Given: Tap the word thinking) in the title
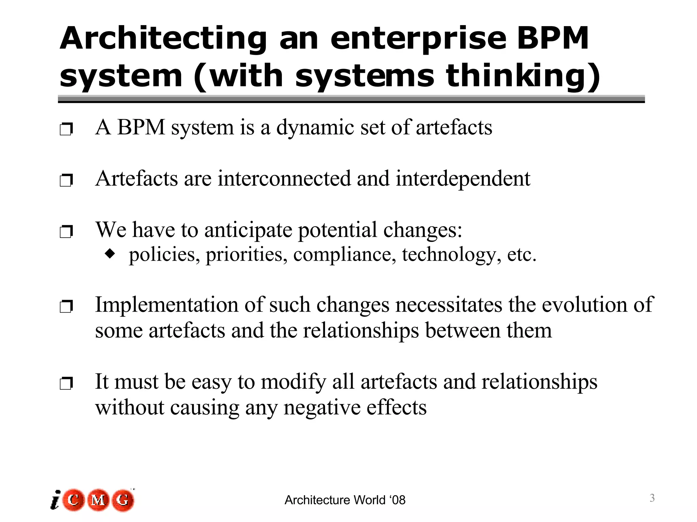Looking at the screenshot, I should tap(523, 76).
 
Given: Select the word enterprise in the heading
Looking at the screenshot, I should tap(418, 38).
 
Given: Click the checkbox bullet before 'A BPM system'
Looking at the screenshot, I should tap(66, 129).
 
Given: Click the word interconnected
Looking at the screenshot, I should tap(284, 179).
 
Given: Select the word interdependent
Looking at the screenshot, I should tap(463, 179).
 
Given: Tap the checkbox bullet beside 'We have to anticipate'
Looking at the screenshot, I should tap(66, 232).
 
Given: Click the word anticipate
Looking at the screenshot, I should tap(248, 230).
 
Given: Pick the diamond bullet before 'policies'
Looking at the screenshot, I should tap(110, 253).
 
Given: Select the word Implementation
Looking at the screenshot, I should tap(166, 305).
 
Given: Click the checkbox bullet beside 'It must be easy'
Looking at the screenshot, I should tap(66, 384).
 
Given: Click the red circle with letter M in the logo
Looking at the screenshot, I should tap(98, 500).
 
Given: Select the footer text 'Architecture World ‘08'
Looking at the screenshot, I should tap(345, 500).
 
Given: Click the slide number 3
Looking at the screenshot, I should tap(652, 498).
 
